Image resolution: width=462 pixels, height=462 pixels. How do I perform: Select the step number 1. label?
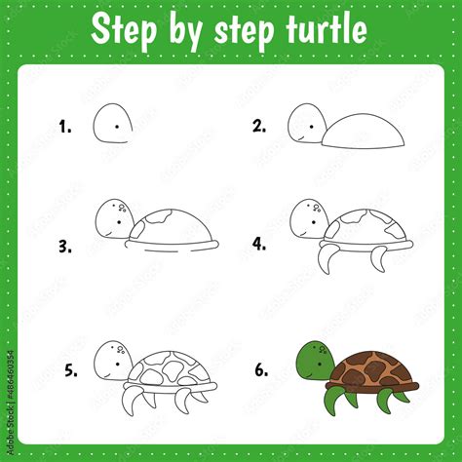point(65,126)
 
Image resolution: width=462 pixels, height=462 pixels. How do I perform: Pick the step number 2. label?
point(259,126)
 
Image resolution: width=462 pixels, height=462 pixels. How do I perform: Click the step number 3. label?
point(65,247)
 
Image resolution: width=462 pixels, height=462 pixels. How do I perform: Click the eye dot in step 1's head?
point(117,126)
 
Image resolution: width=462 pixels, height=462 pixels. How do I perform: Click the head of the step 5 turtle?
point(111,362)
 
